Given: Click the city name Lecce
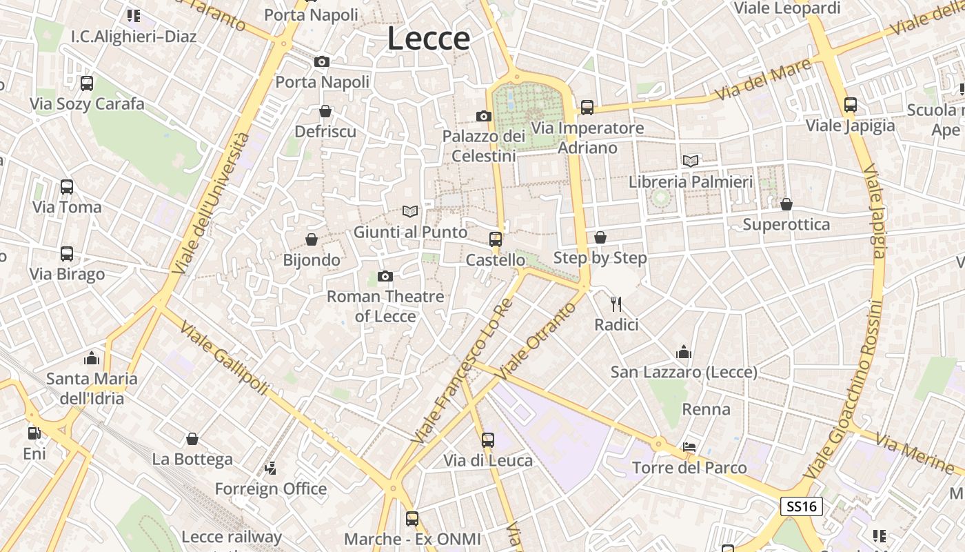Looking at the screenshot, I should click(x=428, y=39).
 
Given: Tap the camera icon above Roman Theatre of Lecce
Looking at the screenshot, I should click(x=385, y=277).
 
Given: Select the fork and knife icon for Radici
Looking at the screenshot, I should click(x=616, y=304).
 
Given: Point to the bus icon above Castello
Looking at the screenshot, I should click(x=495, y=239).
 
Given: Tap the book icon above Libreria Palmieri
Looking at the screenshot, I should click(x=691, y=161).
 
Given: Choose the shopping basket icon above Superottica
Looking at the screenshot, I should click(x=786, y=204).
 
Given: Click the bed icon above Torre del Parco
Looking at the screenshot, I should click(x=689, y=447).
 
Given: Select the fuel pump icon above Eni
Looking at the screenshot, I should click(x=34, y=433).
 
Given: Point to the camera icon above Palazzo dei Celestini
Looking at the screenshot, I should click(x=484, y=116).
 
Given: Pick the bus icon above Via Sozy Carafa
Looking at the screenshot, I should click(x=87, y=83).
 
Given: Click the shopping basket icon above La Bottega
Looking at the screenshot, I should click(x=192, y=439).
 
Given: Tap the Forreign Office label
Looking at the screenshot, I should click(x=271, y=489).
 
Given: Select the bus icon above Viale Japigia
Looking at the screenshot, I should click(x=851, y=105).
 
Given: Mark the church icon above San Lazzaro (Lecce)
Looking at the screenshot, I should click(x=684, y=352).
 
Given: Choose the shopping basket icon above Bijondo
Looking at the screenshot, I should click(x=312, y=239).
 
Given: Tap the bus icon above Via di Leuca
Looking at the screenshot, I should click(x=488, y=440).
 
